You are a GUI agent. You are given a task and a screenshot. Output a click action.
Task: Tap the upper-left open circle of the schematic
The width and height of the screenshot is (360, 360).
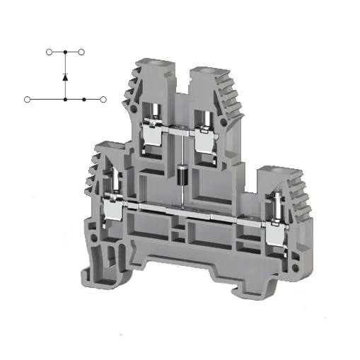(x=49, y=52)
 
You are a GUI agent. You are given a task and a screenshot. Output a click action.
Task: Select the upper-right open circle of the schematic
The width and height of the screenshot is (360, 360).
(x=82, y=52)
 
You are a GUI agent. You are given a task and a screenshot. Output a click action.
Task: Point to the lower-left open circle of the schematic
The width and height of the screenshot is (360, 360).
(x=28, y=100)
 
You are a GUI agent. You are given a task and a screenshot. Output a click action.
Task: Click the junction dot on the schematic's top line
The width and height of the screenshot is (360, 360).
(x=65, y=52)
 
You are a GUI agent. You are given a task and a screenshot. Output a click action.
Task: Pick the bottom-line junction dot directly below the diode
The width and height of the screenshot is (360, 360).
(x=65, y=100)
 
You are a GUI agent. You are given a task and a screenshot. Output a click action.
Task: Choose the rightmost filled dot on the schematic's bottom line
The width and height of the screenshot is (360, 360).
(x=84, y=100)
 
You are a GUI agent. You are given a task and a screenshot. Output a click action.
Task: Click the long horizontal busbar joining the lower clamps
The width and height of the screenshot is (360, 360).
(x=191, y=210)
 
